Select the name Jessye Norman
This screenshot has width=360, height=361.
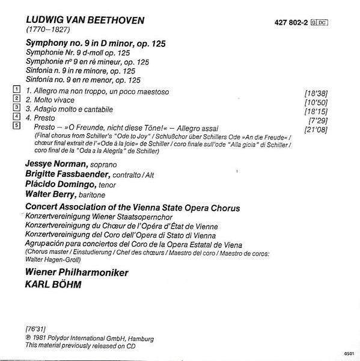(55, 164)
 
